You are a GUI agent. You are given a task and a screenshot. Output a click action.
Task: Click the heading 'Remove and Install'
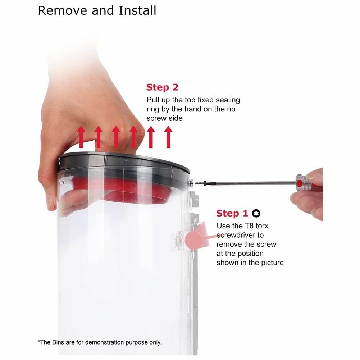(x=97, y=10)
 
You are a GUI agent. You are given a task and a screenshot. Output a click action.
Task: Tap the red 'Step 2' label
(x=162, y=87)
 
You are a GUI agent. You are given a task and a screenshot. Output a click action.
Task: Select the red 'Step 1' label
(x=232, y=213)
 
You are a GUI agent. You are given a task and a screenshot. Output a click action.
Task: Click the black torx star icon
(x=256, y=214)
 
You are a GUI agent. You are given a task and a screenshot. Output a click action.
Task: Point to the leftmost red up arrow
(x=81, y=137)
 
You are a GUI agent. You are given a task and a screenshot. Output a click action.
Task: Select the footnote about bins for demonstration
(x=100, y=342)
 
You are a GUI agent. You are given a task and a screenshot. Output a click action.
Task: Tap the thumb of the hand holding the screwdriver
(x=315, y=176)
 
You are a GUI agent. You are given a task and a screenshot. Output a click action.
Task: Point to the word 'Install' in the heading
(x=137, y=10)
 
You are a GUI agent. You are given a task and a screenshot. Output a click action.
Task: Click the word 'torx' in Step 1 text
(x=262, y=226)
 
